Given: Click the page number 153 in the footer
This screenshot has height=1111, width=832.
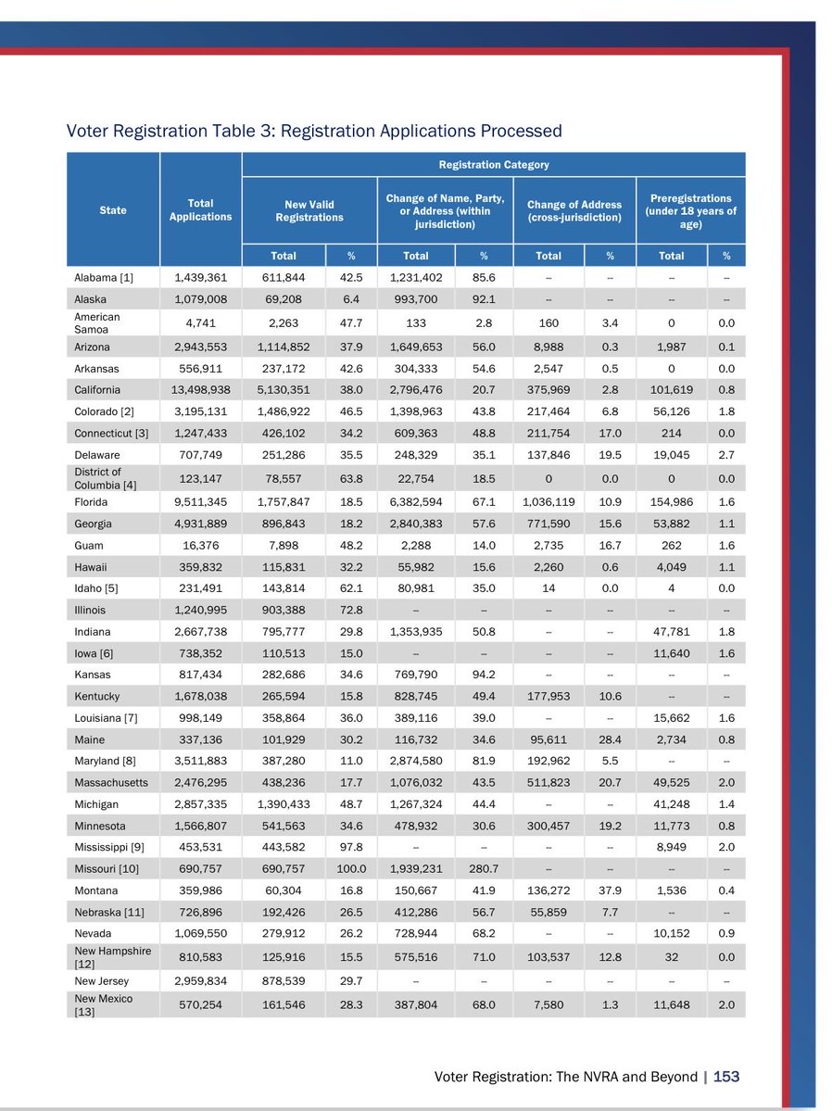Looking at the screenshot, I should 726,1076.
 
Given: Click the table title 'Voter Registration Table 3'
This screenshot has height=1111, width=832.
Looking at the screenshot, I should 314,131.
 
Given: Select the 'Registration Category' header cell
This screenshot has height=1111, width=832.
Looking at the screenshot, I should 493,164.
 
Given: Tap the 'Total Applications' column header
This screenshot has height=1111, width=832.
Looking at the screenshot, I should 200,209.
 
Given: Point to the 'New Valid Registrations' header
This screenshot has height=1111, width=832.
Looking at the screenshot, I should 309,210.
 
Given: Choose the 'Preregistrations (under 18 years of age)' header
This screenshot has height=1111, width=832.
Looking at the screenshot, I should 690,210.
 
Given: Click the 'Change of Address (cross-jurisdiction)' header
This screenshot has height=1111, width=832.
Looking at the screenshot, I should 574,210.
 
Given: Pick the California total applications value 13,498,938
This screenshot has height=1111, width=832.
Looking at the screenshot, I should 200,389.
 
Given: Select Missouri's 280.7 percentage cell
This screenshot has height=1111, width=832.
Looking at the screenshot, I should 484,868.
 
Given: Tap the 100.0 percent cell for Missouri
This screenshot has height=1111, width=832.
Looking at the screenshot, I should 351,868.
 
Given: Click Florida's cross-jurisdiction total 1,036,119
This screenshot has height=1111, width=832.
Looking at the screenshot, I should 548,501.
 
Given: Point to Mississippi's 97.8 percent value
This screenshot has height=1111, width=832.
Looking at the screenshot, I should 351,847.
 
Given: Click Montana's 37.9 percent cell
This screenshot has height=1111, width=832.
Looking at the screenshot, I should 610,890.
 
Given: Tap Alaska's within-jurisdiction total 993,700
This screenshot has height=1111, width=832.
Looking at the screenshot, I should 416,299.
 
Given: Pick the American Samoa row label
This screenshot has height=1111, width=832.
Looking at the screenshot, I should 97,322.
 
